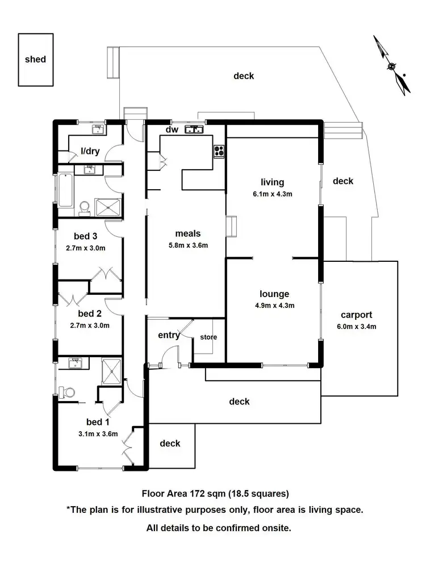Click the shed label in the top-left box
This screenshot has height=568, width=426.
coord(35,59)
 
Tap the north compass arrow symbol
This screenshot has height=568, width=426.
coord(392,65)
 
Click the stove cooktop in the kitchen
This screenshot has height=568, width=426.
coord(219,151)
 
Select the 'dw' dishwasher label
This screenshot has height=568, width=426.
coord(172,130)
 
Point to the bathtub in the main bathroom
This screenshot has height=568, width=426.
coord(65,191)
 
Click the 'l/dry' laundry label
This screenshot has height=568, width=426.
coord(90,151)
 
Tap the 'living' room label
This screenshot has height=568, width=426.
coord(272,182)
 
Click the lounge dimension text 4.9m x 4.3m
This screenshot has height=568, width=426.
coord(274,306)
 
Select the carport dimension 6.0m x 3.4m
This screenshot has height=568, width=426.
coord(357,326)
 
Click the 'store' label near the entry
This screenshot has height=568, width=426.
coord(208,337)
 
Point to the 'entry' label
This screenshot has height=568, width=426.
coord(169,335)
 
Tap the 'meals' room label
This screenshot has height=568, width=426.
coord(187,233)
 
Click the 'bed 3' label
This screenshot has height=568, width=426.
coord(86,236)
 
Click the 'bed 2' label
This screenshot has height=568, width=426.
coord(90,314)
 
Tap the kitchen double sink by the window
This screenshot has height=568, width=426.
coord(194,130)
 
